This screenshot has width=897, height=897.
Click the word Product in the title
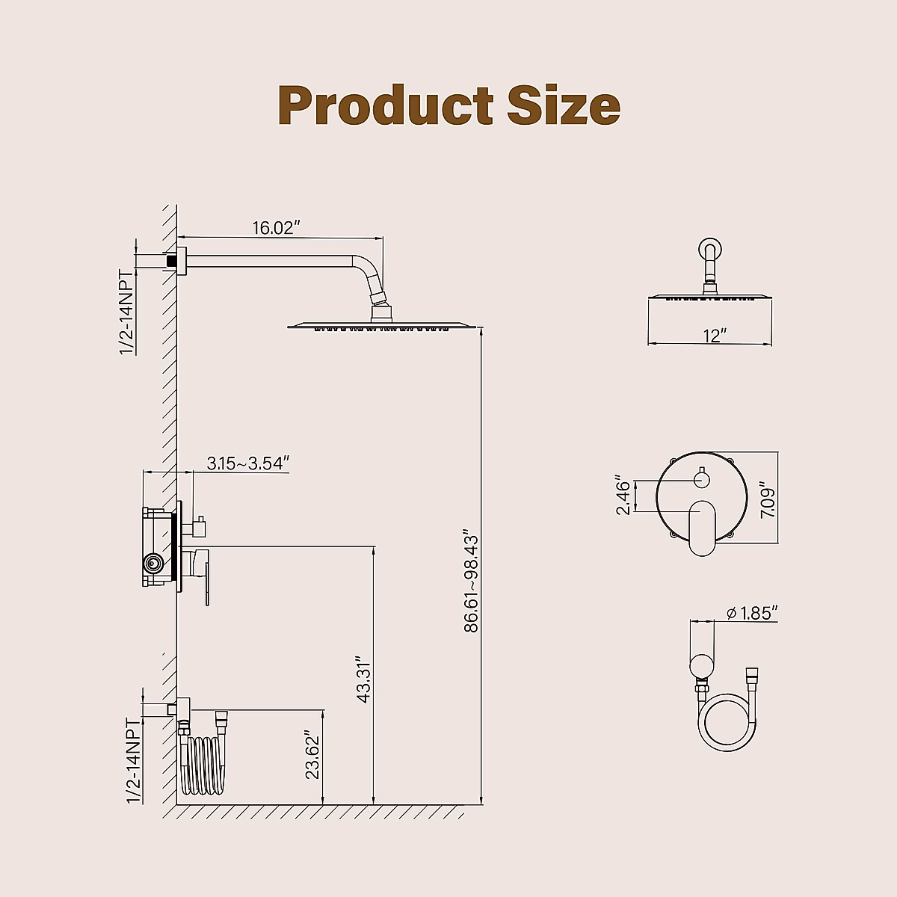(385, 105)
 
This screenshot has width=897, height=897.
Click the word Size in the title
(564, 105)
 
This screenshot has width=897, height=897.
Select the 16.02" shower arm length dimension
(276, 228)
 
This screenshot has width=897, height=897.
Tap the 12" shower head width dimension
(715, 336)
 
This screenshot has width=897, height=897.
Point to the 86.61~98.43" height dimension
(471, 582)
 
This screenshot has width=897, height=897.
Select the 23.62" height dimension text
(313, 754)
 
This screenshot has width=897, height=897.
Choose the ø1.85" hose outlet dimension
(752, 613)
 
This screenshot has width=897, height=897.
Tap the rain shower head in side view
(381, 325)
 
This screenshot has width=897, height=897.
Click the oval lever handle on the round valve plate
(701, 527)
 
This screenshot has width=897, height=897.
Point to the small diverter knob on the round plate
(701, 479)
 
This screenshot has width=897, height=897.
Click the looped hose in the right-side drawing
(727, 721)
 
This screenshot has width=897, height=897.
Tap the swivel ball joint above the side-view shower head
(380, 301)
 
